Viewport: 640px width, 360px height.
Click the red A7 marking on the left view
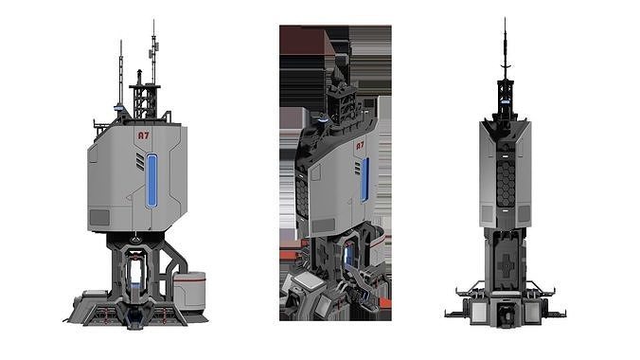coord(144,136)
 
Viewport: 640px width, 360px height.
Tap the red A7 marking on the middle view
coord(360,147)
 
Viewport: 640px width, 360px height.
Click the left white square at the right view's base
coord(481,310)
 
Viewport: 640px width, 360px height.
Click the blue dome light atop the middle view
coord(324,119)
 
